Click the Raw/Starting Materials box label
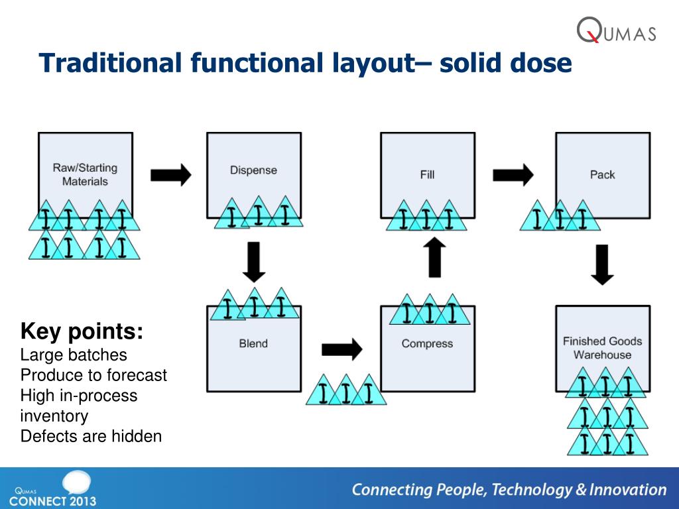pyautogui.click(x=85, y=174)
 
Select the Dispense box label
pyautogui.click(x=253, y=170)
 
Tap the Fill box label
pyautogui.click(x=427, y=175)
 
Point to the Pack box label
pyautogui.click(x=602, y=175)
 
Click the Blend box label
pyautogui.click(x=253, y=343)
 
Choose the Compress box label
pyautogui.click(x=427, y=343)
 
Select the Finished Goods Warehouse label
pyautogui.click(x=602, y=348)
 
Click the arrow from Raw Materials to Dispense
pyautogui.click(x=170, y=175)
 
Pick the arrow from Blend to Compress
pyautogui.click(x=341, y=349)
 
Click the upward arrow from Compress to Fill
pyautogui.click(x=434, y=258)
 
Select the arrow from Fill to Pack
pyautogui.click(x=513, y=175)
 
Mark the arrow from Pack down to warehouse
pyautogui.click(x=602, y=264)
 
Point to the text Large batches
pyautogui.click(x=74, y=355)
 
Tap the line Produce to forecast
pyautogui.click(x=93, y=375)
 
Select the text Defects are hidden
pyautogui.click(x=91, y=436)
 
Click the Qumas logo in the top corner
pyautogui.click(x=616, y=30)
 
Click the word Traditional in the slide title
pyautogui.click(x=109, y=64)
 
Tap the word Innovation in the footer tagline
pyautogui.click(x=629, y=490)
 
